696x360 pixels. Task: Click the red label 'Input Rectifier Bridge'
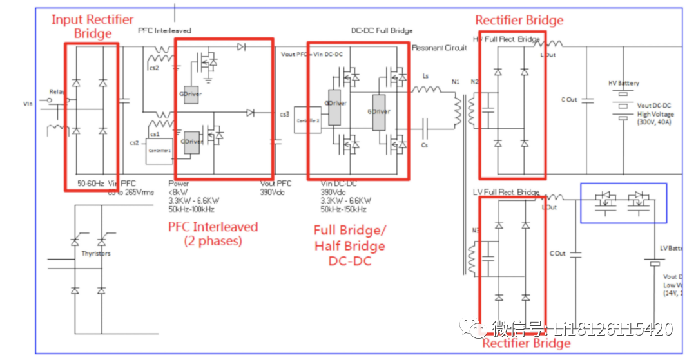[93, 26]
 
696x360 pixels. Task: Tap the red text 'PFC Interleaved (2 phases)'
[213, 234]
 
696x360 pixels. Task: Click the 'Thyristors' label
[96, 254]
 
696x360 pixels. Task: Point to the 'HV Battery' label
[624, 84]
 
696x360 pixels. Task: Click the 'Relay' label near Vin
[58, 92]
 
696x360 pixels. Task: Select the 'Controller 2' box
[307, 120]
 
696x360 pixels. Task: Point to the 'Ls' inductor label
[425, 76]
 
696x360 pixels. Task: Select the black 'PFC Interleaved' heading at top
[164, 31]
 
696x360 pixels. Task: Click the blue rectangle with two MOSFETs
[623, 202]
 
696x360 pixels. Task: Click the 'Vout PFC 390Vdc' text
[275, 187]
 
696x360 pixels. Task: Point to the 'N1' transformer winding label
[456, 82]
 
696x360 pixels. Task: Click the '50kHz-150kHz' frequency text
[343, 209]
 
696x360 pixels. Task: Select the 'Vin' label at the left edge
[28, 103]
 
